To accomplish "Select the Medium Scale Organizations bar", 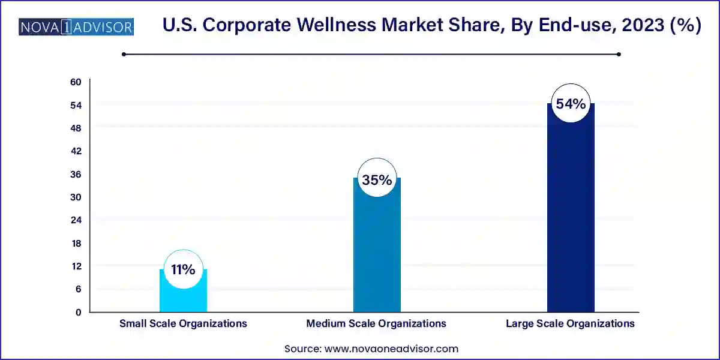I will point(377,252).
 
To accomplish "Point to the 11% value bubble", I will point(183,269).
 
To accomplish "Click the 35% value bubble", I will point(377,179).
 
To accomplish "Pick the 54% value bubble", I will point(571,103).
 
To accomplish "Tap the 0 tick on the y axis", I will point(78,312).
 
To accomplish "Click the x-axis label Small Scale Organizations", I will point(183,323).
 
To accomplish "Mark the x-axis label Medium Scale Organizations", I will point(376,323).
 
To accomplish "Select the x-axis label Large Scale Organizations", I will point(570,323).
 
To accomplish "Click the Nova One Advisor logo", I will point(76,27).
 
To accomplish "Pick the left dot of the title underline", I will point(124,54).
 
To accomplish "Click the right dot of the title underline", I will point(619,54).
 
